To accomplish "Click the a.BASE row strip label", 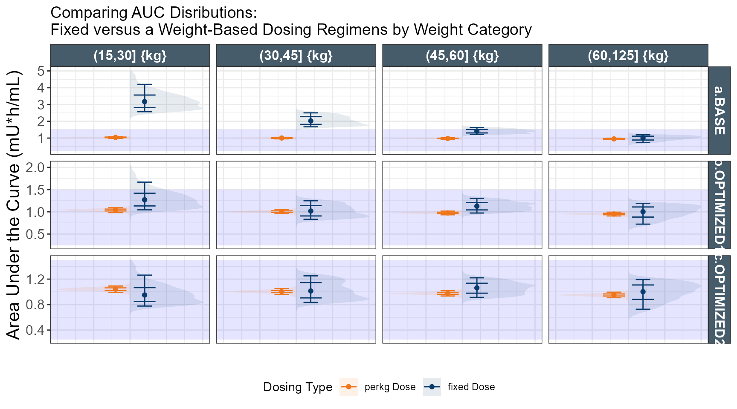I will [719, 110].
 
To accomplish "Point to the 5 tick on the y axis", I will [41, 71].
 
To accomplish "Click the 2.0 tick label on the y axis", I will [35, 167].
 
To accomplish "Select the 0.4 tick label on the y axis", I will [35, 330].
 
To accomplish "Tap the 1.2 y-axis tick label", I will [35, 279].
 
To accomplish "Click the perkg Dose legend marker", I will [348, 387].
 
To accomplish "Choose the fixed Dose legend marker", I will [432, 387].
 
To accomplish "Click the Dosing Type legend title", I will [298, 387].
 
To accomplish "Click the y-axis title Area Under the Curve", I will [14, 204].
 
